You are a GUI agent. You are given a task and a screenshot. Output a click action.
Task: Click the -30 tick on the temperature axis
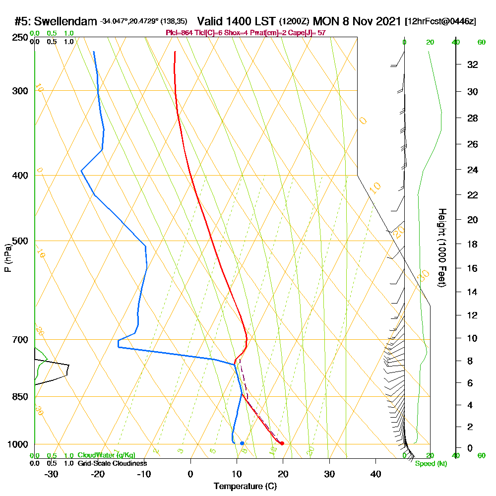52,474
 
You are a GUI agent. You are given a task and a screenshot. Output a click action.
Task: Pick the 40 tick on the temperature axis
375,474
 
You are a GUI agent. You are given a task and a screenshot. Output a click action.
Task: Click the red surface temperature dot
282,443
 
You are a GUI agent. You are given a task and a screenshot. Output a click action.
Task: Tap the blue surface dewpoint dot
242,443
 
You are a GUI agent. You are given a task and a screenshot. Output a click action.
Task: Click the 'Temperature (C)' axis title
245,487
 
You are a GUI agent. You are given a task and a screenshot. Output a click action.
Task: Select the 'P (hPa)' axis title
7,257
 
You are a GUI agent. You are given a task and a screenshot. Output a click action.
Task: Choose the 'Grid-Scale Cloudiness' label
112,463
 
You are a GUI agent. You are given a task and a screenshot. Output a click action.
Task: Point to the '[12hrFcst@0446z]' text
440,21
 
